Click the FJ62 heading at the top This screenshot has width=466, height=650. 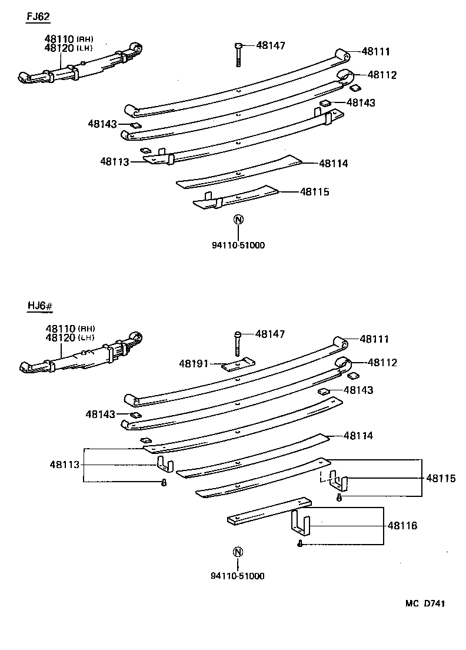click(38, 16)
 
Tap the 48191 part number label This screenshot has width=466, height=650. click(194, 364)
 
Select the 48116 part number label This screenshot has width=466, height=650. click(402, 525)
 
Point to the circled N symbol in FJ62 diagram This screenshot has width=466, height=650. click(238, 220)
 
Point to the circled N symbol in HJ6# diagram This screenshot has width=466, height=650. click(237, 552)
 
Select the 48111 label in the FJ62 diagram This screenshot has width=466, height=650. click(375, 52)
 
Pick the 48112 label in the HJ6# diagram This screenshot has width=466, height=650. click(382, 363)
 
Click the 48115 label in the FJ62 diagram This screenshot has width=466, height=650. click(314, 192)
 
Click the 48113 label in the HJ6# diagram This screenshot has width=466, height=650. click(64, 465)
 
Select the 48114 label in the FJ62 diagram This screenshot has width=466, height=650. click(333, 164)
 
